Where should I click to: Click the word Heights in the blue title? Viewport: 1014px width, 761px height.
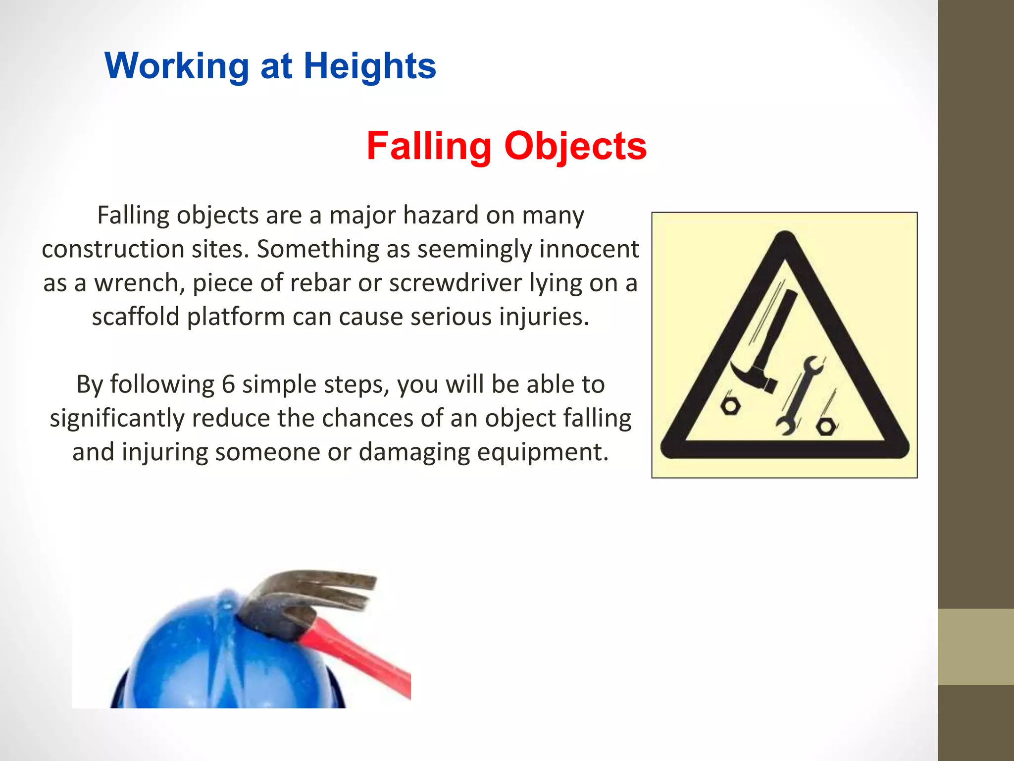coord(369,66)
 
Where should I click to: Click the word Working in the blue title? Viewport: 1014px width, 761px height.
coord(177,66)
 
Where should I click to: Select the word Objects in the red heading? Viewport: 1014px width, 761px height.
coord(575,147)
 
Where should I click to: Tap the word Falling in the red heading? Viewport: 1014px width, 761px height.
coord(429,147)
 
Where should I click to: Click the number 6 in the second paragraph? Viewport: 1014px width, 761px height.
coord(228,384)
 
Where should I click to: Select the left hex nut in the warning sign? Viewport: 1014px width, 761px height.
coord(730,406)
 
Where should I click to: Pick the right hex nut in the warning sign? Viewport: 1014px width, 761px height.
coord(825,427)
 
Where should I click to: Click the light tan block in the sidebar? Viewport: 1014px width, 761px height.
coord(975,647)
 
